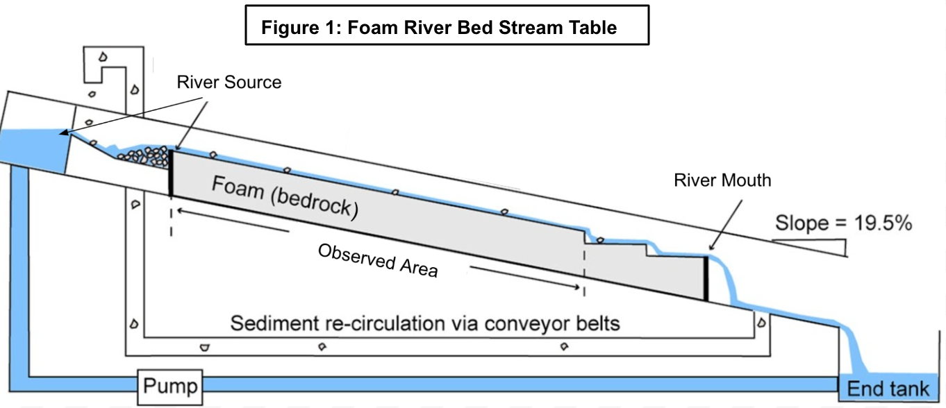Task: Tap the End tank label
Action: pos(888,389)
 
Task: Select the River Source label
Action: pos(229,83)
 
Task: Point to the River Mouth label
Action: pos(722,180)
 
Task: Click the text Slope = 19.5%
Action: pos(843,223)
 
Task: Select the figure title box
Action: pos(447,26)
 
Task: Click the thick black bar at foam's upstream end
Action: pos(170,173)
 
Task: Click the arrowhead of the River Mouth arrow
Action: pos(711,248)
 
